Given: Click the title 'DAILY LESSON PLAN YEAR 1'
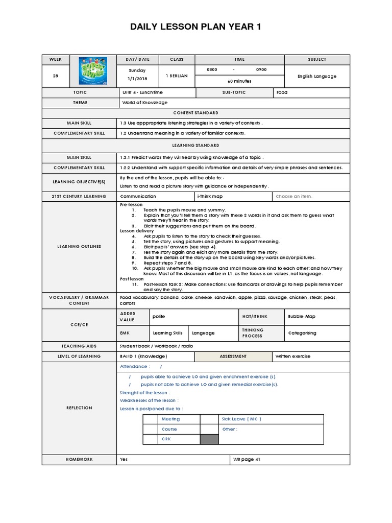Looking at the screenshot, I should click(x=196, y=27).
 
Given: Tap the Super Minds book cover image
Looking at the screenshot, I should click(x=92, y=72).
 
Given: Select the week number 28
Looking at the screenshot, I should click(x=55, y=76).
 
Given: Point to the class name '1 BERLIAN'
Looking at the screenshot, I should click(x=177, y=76).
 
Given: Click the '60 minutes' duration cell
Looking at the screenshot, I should click(x=235, y=81).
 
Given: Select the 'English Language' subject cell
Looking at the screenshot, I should click(x=317, y=76).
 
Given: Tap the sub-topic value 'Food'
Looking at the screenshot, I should click(x=282, y=92).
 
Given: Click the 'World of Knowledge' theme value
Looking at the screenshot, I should click(x=144, y=103).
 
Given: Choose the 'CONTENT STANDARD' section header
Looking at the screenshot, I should click(x=196, y=113).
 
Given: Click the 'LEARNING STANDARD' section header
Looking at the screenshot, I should click(x=196, y=145).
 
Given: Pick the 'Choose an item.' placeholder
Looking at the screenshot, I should click(x=293, y=196).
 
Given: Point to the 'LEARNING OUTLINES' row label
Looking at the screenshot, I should click(x=80, y=247).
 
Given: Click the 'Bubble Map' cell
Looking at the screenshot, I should click(x=302, y=317).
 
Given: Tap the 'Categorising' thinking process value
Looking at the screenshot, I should click(x=303, y=333).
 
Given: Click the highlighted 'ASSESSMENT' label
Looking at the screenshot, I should click(x=233, y=356).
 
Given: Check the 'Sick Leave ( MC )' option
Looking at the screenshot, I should click(x=241, y=419).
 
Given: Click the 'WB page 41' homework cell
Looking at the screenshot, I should click(x=247, y=459).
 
